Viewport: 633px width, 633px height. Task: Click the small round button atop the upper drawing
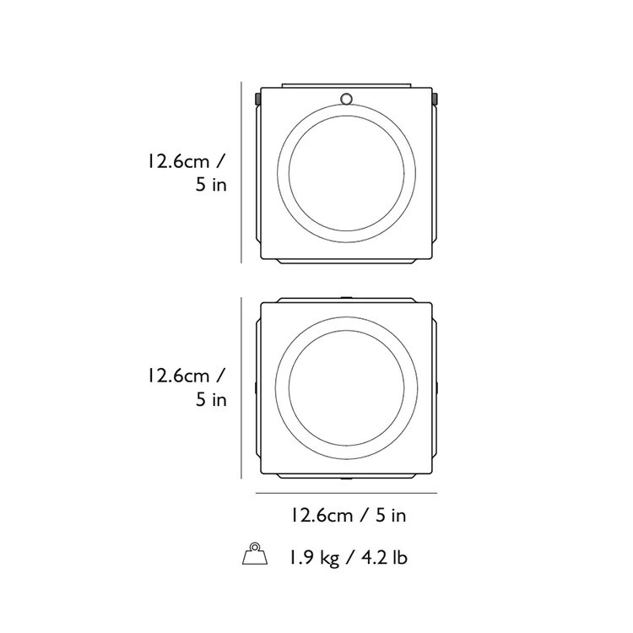(346, 99)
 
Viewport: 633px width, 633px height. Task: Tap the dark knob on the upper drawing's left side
(257, 99)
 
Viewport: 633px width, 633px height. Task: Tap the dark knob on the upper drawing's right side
(435, 99)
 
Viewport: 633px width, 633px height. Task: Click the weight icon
(255, 554)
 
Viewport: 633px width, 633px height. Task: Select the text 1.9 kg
(313, 558)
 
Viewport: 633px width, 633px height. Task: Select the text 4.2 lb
(383, 558)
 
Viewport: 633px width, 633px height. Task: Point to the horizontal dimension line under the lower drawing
(346, 493)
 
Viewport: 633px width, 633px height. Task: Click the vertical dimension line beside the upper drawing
(241, 172)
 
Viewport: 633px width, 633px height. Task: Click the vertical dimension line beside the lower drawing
(241, 388)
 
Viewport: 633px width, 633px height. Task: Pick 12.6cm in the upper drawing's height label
(178, 161)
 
